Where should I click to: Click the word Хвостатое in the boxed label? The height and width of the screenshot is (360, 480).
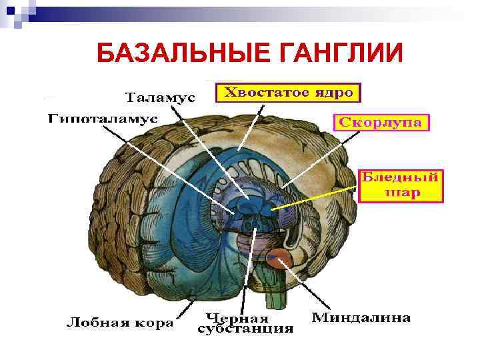coord(262,93)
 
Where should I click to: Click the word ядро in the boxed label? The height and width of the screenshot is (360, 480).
coord(331,93)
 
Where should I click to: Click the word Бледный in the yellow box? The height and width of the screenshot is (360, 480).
coord(400,178)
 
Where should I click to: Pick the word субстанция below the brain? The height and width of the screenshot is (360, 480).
coord(245,329)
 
